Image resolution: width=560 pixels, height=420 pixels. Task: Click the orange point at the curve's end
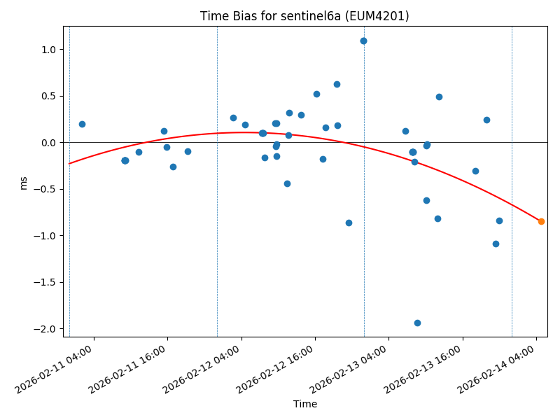point(541,221)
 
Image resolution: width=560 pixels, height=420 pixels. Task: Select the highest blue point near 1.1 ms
point(363,41)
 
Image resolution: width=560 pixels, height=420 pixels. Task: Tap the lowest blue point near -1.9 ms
point(417,323)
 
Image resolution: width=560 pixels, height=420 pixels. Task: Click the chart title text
point(304,16)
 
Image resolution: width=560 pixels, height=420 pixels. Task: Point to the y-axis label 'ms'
point(24,182)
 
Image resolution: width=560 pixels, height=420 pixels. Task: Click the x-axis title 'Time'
point(305,404)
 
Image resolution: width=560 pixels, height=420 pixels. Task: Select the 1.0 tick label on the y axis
point(48,50)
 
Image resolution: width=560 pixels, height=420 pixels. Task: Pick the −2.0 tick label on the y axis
point(45,329)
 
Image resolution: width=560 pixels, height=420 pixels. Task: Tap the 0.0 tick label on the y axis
point(48,143)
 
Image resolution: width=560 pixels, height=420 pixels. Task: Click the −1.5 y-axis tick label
point(45,282)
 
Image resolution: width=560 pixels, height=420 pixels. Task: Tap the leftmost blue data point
point(82,124)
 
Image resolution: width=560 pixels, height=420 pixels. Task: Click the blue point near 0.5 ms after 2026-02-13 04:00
point(439,97)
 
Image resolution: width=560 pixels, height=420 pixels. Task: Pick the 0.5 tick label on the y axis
point(48,96)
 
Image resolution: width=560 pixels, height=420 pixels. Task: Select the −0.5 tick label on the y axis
point(45,189)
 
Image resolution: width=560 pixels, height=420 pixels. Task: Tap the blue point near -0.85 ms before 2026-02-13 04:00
point(349,223)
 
